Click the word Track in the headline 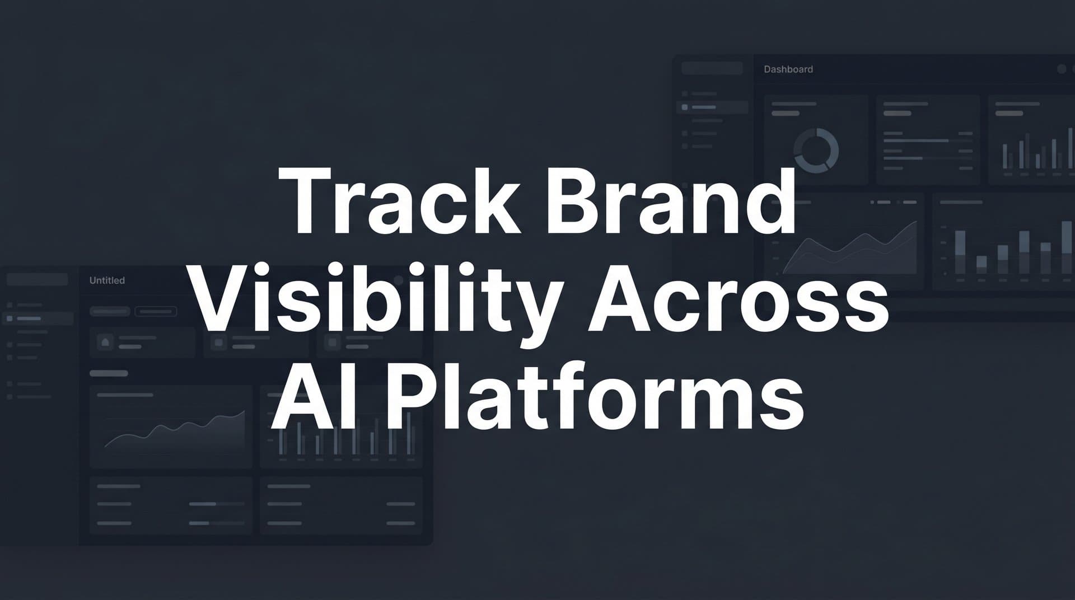399,201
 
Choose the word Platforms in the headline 595,397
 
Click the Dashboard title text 788,69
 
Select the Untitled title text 107,280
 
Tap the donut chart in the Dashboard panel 816,150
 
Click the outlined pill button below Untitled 156,311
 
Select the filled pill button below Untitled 110,311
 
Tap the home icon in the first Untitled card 105,342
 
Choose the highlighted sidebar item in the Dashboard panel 712,107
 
